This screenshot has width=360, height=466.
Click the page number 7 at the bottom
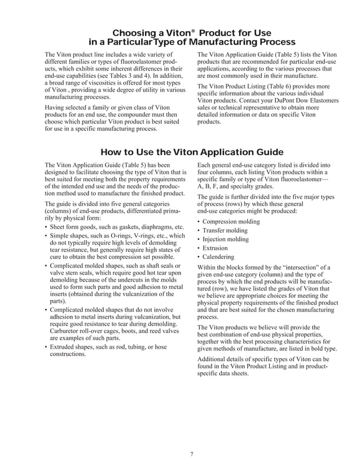click(192, 455)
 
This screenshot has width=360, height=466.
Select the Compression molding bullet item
click(231, 222)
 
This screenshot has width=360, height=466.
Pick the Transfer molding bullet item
click(225, 231)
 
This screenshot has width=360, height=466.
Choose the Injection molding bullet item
click(225, 239)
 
